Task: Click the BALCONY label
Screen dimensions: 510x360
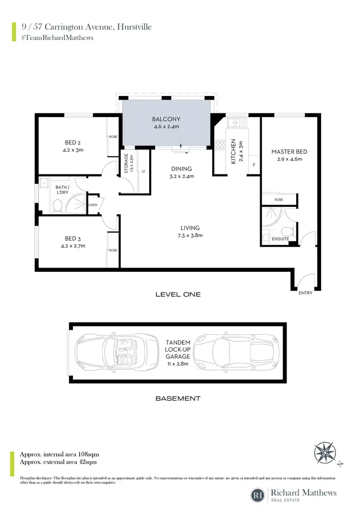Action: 166,119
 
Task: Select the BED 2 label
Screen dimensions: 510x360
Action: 72,142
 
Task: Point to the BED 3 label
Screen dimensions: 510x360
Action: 72,238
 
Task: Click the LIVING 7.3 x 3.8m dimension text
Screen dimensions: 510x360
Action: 191,235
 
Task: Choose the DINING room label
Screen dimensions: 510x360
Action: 181,169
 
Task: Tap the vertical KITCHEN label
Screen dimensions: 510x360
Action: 233,152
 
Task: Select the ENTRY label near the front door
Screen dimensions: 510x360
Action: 305,292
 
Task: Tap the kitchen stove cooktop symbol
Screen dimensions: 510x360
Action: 221,144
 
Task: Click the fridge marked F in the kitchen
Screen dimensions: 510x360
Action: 254,165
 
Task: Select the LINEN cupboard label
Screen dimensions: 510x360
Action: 93,205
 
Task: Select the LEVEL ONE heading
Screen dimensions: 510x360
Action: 178,294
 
